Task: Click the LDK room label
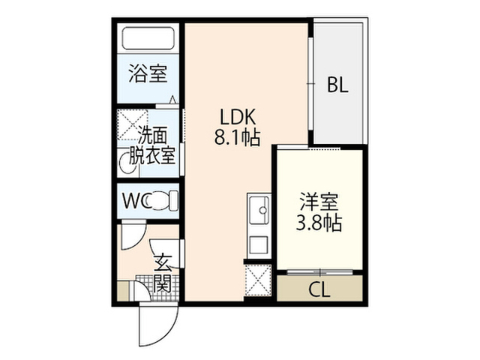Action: coord(238,117)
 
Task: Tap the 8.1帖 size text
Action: coord(237,137)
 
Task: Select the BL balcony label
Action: coord(337,85)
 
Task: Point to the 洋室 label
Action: coord(319,202)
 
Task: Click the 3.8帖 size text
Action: coord(319,223)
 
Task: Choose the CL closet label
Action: coord(319,289)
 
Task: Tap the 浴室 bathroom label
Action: coord(148,73)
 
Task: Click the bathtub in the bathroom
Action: coord(148,38)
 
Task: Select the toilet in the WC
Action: coord(162,200)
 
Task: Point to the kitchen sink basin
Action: coord(259,210)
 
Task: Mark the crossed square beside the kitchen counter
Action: coord(258,280)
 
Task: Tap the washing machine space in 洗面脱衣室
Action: coord(133,124)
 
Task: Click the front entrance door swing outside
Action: coord(158,325)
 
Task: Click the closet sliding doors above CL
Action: coord(320,271)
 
